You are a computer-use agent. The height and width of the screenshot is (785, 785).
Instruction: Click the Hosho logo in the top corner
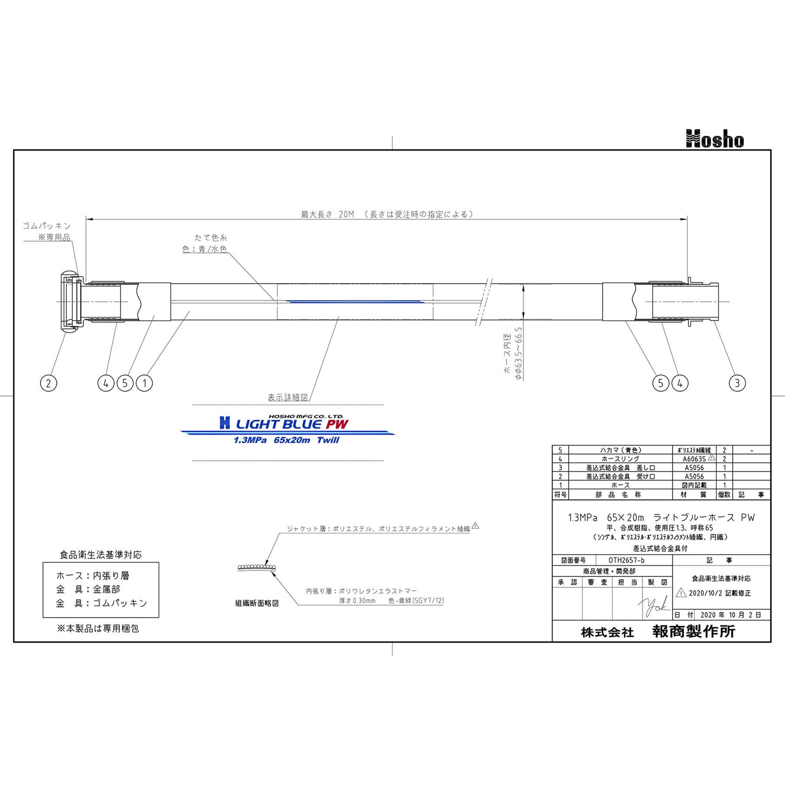714,139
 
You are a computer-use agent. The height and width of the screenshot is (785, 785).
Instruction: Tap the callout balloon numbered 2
48,383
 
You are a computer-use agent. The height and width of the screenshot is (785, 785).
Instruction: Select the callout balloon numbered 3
737,383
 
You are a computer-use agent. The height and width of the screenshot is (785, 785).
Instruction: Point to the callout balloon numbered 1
145,383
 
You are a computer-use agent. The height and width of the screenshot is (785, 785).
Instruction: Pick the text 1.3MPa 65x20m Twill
286,440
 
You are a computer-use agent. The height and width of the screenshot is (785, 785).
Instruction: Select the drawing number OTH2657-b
626,560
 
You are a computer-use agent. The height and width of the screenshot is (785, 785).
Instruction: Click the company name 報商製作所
694,631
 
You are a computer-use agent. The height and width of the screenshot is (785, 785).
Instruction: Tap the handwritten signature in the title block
655,606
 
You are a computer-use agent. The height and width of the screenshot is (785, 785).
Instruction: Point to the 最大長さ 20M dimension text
328,215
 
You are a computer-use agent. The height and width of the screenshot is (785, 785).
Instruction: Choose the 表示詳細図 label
287,398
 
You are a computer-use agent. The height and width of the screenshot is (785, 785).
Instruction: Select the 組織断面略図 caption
257,603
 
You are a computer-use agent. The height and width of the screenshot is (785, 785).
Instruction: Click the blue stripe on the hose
353,301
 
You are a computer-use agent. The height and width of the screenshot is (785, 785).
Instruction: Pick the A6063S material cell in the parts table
694,459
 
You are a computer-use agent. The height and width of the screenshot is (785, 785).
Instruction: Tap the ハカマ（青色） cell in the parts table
620,450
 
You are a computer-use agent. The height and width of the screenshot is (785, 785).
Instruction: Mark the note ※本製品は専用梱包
98,628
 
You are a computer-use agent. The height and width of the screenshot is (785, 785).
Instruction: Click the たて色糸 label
211,237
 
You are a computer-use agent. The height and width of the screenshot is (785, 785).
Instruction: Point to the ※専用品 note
54,237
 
